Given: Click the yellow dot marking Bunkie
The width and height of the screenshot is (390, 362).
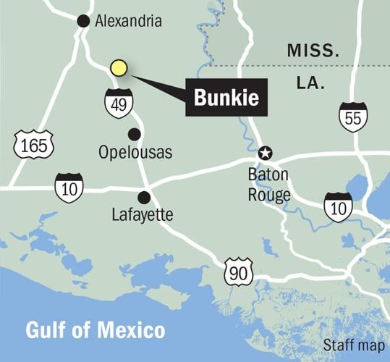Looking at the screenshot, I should tap(119, 68).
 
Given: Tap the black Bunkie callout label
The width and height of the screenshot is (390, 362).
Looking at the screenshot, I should tap(227, 96).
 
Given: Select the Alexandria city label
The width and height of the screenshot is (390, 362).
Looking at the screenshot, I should tap(129, 22).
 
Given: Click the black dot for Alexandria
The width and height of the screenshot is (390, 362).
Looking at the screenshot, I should tap(83, 21).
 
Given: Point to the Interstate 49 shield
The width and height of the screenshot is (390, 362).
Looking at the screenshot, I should tap(119, 104).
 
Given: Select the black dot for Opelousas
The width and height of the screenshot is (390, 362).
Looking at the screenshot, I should tap(134, 134).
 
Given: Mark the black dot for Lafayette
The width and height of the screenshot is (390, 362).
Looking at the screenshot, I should tap(144, 196).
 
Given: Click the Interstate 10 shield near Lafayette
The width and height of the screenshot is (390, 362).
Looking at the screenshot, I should tap(69, 188).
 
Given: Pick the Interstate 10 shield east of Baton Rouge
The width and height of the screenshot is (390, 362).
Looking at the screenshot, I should tap(338, 206).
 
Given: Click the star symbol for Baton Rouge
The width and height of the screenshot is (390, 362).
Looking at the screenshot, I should tap(266, 153).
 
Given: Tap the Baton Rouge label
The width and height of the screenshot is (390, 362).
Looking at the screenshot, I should tap(269, 185).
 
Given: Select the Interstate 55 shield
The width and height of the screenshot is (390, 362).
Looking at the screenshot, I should tap(353, 117).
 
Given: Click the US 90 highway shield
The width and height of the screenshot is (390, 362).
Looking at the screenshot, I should tap(238, 271).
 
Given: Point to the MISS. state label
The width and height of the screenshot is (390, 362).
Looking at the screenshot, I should tap(313, 51).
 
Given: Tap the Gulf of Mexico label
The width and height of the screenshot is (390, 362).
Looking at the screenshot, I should tap(96, 331).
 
